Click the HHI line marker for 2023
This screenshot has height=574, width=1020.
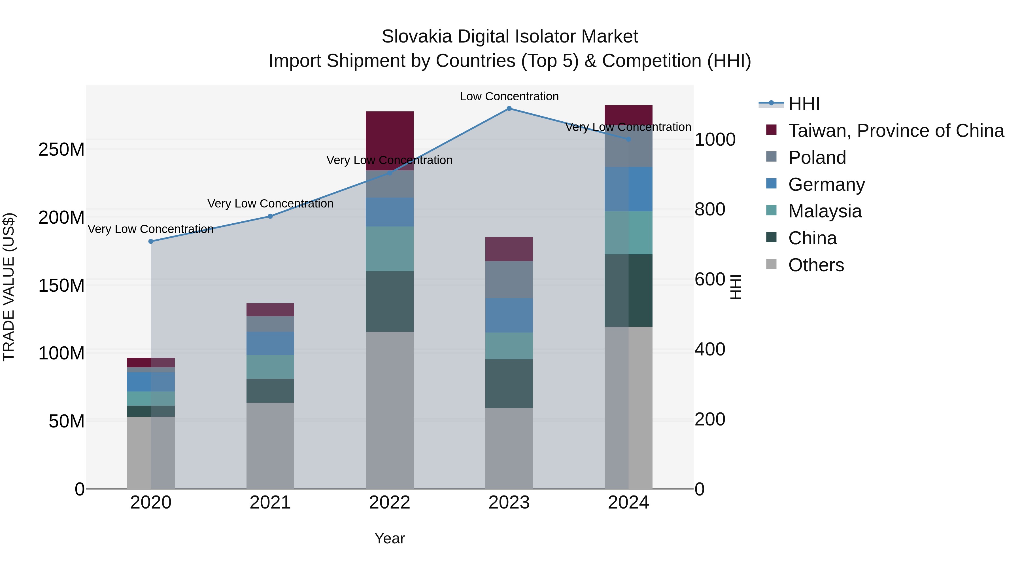click(x=509, y=109)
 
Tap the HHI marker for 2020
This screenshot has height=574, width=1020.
click(x=151, y=241)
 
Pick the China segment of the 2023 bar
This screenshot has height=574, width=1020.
click(x=509, y=384)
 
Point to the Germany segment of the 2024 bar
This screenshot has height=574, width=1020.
click(x=628, y=189)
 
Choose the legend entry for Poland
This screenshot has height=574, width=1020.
click(x=817, y=158)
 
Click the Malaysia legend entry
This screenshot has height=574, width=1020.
click(x=824, y=211)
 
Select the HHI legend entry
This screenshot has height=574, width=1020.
click(x=804, y=104)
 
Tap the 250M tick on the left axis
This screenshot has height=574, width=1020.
click(x=61, y=150)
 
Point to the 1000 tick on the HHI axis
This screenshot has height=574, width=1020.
click(x=715, y=139)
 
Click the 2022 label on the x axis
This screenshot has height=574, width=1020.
click(x=390, y=503)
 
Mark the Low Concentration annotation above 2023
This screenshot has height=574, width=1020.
click(x=509, y=96)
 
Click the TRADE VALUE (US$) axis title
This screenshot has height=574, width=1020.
click(x=9, y=287)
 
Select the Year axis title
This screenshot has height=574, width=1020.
click(x=390, y=538)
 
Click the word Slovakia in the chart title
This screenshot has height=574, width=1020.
click(x=416, y=37)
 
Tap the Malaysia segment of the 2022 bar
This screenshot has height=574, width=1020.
click(x=390, y=249)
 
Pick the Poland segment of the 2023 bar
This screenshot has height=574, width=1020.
click(x=509, y=280)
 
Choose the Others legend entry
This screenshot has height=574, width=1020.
click(x=816, y=265)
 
